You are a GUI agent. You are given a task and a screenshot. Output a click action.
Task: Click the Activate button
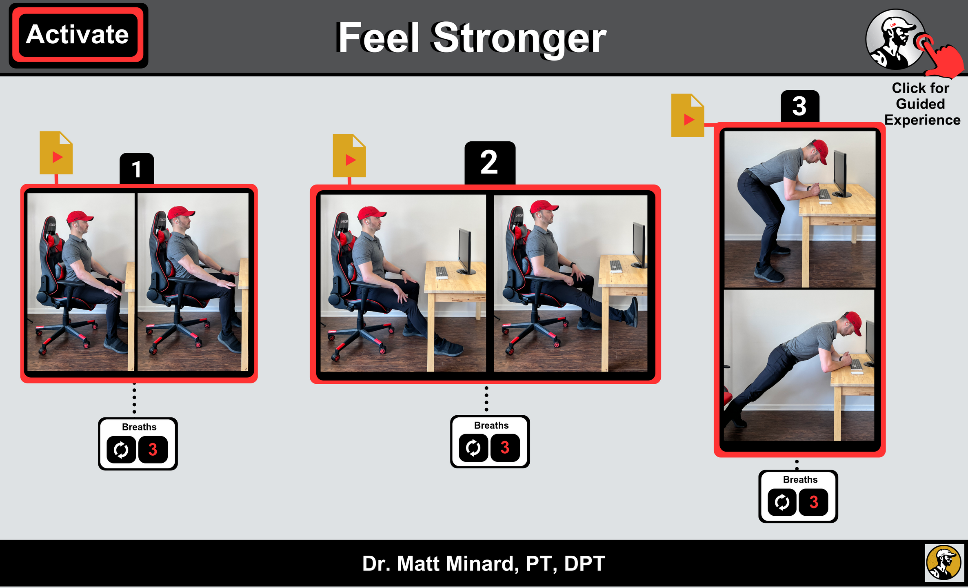78,35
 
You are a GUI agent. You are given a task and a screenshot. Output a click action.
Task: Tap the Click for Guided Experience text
921,104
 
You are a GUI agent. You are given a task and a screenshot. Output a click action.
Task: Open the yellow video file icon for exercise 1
56,153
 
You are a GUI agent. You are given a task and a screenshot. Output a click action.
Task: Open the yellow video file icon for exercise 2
349,156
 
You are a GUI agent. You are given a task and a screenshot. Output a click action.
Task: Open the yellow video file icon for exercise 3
688,115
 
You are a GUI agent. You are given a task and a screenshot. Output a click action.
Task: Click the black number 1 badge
137,169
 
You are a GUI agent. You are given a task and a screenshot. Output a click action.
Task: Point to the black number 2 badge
490,163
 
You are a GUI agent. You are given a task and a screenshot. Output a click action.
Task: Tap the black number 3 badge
800,106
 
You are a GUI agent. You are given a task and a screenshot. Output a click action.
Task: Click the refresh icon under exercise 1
121,450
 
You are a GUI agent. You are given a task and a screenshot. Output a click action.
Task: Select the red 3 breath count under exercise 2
505,448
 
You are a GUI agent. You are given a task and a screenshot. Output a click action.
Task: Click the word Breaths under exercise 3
800,479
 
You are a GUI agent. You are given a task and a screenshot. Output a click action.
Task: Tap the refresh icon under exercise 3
782,502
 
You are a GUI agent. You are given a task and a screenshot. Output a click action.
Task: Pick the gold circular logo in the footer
944,563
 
